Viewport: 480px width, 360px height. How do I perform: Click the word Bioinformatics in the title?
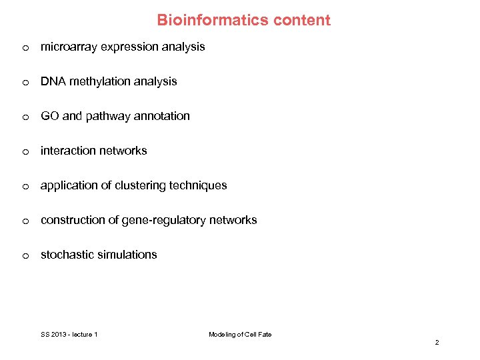[x=204, y=20]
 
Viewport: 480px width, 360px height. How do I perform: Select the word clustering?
[x=139, y=185]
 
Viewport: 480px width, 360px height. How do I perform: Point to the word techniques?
[x=198, y=185]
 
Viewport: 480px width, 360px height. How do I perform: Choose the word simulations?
[x=127, y=255]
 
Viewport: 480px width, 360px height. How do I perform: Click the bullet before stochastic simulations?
[x=25, y=255]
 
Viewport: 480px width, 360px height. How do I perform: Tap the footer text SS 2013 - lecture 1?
[x=69, y=334]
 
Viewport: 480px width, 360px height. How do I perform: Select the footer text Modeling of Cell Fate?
[x=240, y=334]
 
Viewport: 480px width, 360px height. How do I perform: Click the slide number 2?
[x=437, y=342]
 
